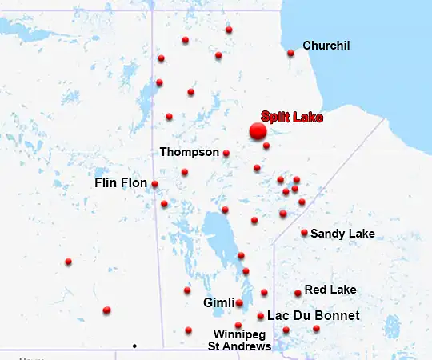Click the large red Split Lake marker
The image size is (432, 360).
click(258, 131)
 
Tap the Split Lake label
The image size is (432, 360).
click(292, 118)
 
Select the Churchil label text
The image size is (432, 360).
click(326, 46)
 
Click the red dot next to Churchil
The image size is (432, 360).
click(290, 54)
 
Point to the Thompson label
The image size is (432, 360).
click(189, 152)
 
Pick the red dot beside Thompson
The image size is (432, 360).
click(226, 153)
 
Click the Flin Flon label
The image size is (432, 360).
click(121, 183)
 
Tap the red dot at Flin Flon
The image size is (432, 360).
click(154, 184)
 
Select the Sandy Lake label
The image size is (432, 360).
click(342, 234)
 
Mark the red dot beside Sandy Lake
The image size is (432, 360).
click(304, 233)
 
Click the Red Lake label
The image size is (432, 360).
click(330, 289)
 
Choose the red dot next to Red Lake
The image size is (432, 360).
click(298, 293)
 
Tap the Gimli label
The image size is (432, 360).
click(218, 303)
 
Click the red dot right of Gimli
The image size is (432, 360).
click(239, 303)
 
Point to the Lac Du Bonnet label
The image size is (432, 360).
click(313, 316)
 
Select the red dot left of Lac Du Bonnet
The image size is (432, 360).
click(261, 316)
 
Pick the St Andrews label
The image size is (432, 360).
click(239, 346)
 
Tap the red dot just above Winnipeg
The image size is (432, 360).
click(238, 325)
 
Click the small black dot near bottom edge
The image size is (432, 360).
click(134, 346)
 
